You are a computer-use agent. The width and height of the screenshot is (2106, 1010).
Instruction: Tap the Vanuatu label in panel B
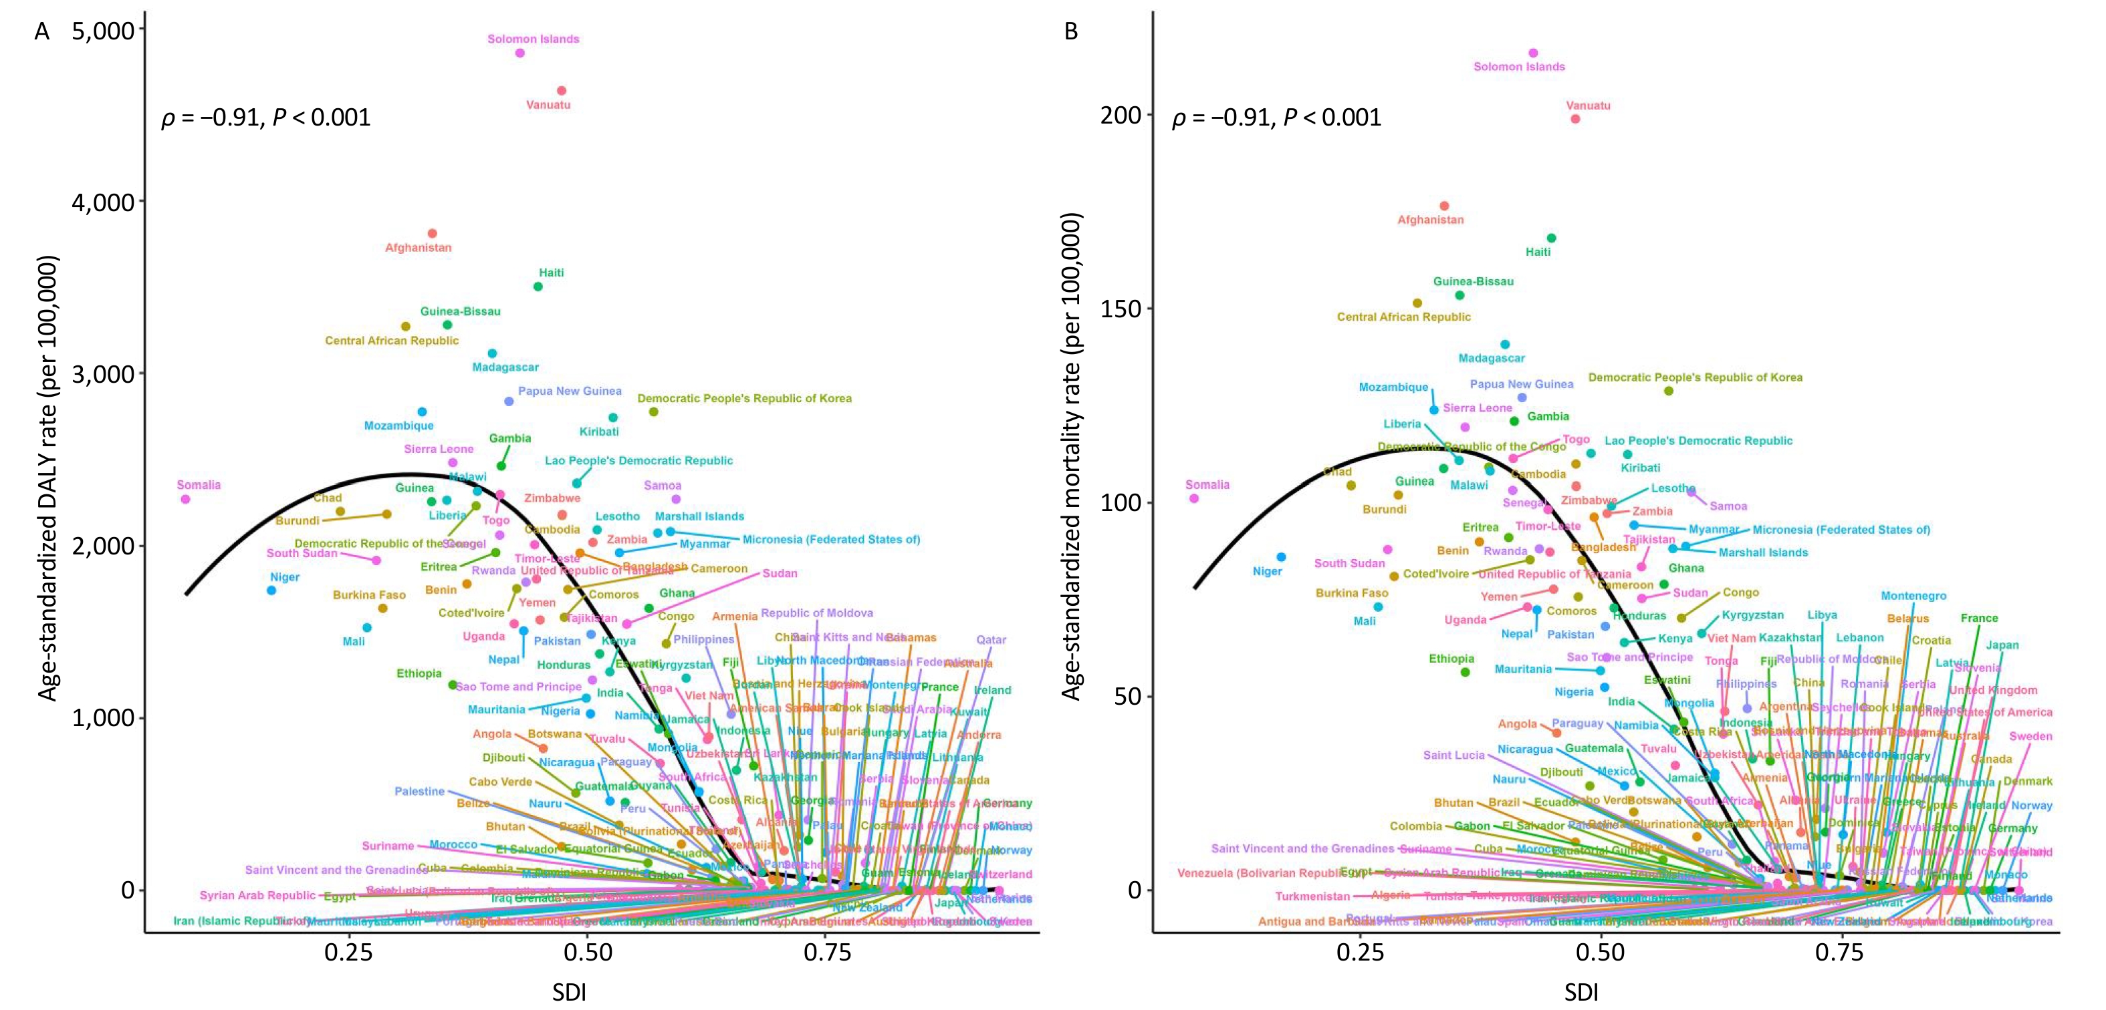1588,106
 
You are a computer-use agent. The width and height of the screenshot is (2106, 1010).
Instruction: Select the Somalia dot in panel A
186,499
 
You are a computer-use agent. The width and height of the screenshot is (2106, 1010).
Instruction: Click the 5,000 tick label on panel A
104,30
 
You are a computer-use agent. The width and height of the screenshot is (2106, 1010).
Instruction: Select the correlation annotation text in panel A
265,118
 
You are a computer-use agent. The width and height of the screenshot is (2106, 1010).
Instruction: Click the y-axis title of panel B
1072,456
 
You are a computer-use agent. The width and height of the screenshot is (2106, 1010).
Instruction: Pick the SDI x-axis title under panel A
569,992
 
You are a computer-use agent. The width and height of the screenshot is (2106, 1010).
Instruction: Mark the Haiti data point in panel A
538,287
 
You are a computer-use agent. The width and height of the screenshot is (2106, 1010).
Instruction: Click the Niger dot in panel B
1281,557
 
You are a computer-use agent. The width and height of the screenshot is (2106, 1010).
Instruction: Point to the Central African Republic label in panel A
392,341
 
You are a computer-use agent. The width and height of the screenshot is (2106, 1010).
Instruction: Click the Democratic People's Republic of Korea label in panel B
1695,377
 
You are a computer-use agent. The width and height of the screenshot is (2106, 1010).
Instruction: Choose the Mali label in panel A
353,641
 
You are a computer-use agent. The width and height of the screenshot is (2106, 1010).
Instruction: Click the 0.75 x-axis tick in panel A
826,953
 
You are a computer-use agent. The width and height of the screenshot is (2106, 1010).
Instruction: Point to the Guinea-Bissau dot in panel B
1459,295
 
